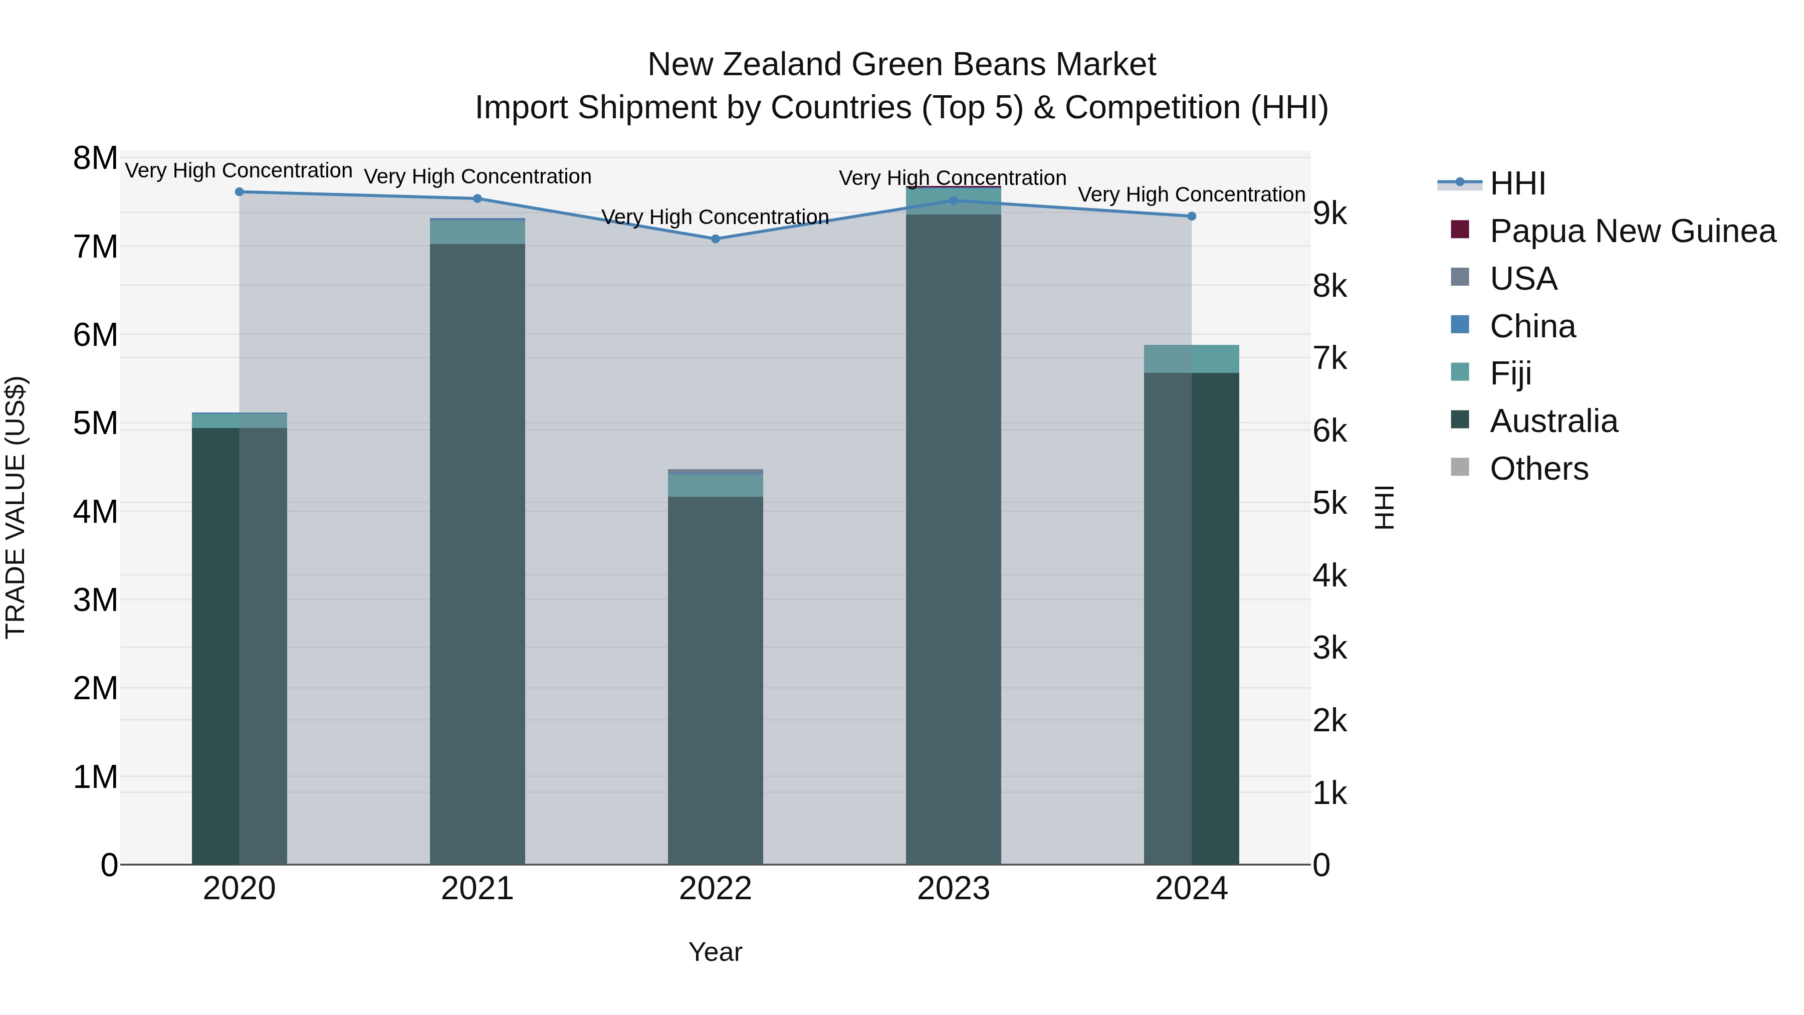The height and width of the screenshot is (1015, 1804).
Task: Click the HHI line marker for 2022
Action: pyautogui.click(x=715, y=239)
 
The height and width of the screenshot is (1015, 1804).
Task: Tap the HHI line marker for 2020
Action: pyautogui.click(x=240, y=191)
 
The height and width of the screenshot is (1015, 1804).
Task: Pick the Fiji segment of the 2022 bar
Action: pyautogui.click(x=715, y=485)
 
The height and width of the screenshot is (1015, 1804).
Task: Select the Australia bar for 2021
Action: pyautogui.click(x=477, y=553)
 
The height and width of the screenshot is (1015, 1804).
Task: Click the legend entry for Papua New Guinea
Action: pyautogui.click(x=1632, y=231)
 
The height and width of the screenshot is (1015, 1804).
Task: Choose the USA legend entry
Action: pyautogui.click(x=1523, y=279)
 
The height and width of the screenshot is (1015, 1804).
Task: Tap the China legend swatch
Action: pyautogui.click(x=1459, y=325)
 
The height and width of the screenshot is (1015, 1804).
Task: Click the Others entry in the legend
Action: pyautogui.click(x=1538, y=469)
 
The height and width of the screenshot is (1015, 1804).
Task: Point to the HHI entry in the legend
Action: pyautogui.click(x=1517, y=183)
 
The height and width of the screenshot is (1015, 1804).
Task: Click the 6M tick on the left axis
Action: pyautogui.click(x=96, y=335)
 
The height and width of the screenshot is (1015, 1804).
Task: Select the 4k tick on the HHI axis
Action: pyautogui.click(x=1329, y=576)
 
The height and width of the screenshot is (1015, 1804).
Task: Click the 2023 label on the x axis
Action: pyautogui.click(x=953, y=889)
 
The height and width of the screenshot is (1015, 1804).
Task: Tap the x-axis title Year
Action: pyautogui.click(x=715, y=952)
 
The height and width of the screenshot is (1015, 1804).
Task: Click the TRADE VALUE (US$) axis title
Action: pyautogui.click(x=16, y=507)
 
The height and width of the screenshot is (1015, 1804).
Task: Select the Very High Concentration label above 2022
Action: pyautogui.click(x=715, y=217)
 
